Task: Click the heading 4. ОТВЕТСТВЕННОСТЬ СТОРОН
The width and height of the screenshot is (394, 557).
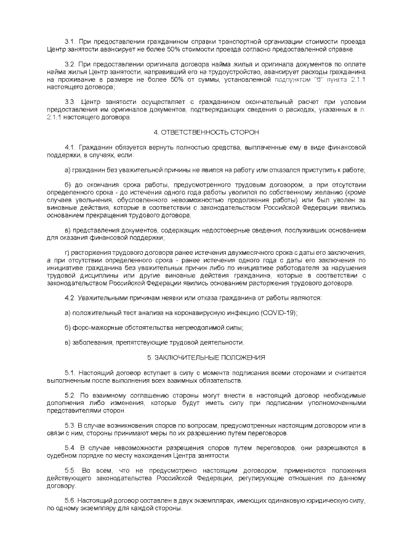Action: coord(197,132)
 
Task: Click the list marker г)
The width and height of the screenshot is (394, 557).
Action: coord(67,252)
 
